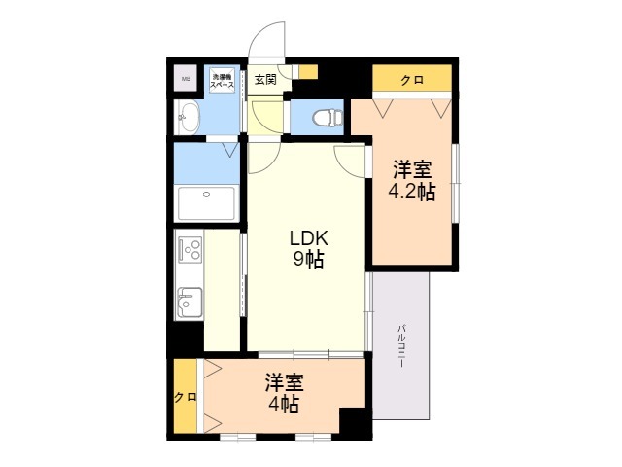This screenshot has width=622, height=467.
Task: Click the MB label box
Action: pos(185,78)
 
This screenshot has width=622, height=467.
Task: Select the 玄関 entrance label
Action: pos(265,79)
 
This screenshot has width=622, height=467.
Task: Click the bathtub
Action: pos(207,202)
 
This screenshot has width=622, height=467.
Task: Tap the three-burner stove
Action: pos(189,250)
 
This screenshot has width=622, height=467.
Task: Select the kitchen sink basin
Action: pos(189,302)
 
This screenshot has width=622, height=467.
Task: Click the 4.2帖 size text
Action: pos(411,192)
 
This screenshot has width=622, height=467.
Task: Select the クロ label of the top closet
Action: pos(412,80)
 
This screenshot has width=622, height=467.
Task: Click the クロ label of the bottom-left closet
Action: pos(185,397)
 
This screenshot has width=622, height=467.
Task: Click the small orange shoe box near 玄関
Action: pos(307,72)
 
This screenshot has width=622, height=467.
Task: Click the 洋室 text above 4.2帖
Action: pos(412,169)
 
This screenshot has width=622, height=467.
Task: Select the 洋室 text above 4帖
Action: pos(285,382)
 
